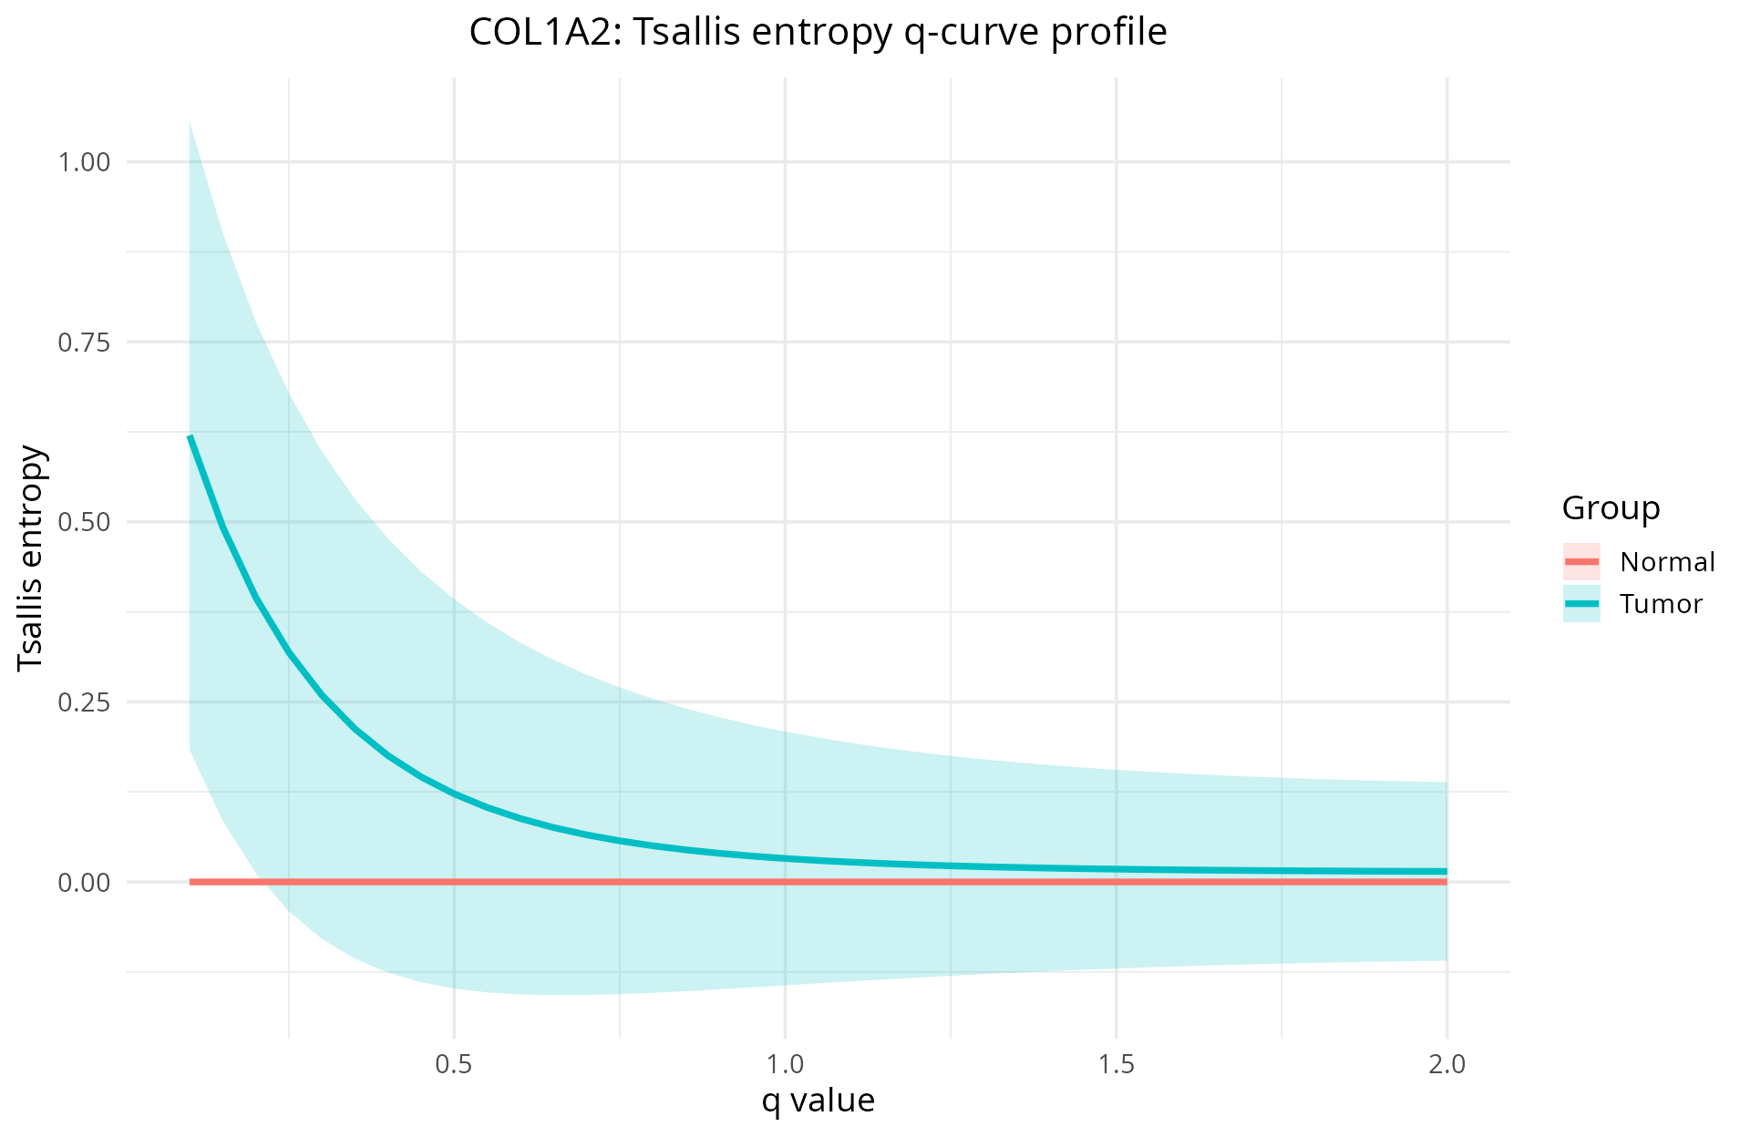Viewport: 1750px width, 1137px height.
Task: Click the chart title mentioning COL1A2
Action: pos(818,33)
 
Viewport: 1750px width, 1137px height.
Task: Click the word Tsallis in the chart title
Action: pos(685,33)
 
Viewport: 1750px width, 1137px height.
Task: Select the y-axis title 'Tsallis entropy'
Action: pos(31,558)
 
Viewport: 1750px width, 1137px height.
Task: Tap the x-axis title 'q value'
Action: pos(818,1101)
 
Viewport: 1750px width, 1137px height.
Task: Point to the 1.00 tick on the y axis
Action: pos(84,162)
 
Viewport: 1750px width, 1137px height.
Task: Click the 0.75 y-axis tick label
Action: pos(84,343)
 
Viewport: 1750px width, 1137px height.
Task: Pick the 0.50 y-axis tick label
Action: pos(84,522)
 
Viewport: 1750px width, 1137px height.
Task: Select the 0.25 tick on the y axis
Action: pos(84,702)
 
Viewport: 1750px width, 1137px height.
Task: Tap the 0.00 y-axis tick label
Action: pos(84,882)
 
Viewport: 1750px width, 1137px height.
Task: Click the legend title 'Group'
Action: pos(1611,508)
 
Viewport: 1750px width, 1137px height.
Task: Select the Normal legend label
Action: pos(1667,562)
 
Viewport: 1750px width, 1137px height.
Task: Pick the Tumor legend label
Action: pos(1661,604)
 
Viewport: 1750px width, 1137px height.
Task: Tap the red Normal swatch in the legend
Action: pos(1581,562)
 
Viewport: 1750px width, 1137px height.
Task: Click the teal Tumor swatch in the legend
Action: pos(1581,604)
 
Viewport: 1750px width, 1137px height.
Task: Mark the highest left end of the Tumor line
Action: pos(190,436)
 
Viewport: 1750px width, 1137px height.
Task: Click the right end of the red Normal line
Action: pos(1446,882)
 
